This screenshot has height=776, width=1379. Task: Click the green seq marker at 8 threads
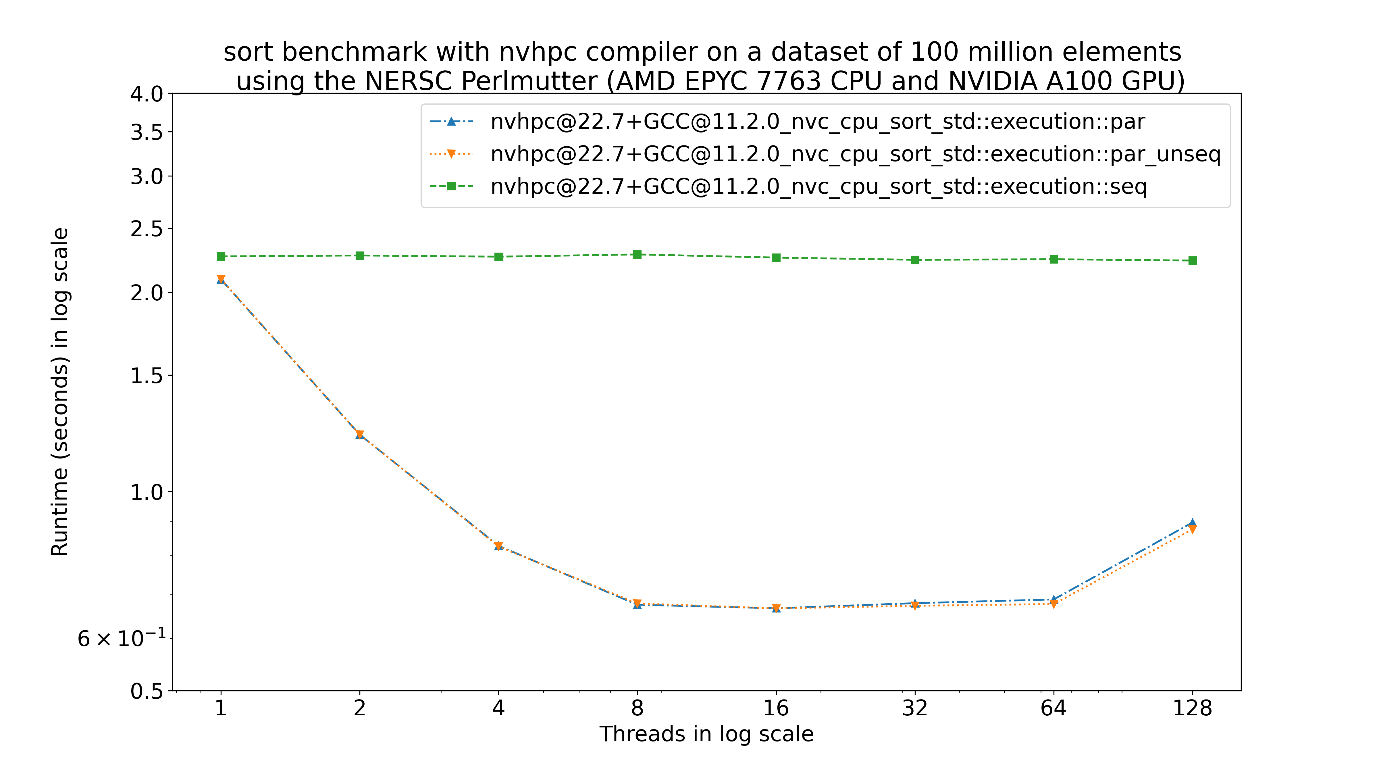[x=637, y=254]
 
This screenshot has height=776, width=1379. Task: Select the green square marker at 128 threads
[x=1192, y=260]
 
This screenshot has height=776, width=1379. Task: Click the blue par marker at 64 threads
[x=1053, y=599]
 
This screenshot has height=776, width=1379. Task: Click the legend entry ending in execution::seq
[x=818, y=186]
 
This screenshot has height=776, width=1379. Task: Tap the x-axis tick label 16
[x=776, y=708]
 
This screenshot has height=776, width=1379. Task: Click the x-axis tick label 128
[x=1192, y=708]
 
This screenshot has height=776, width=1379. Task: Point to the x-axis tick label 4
[x=498, y=708]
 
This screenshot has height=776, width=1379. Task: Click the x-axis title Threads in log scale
[x=706, y=734]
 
